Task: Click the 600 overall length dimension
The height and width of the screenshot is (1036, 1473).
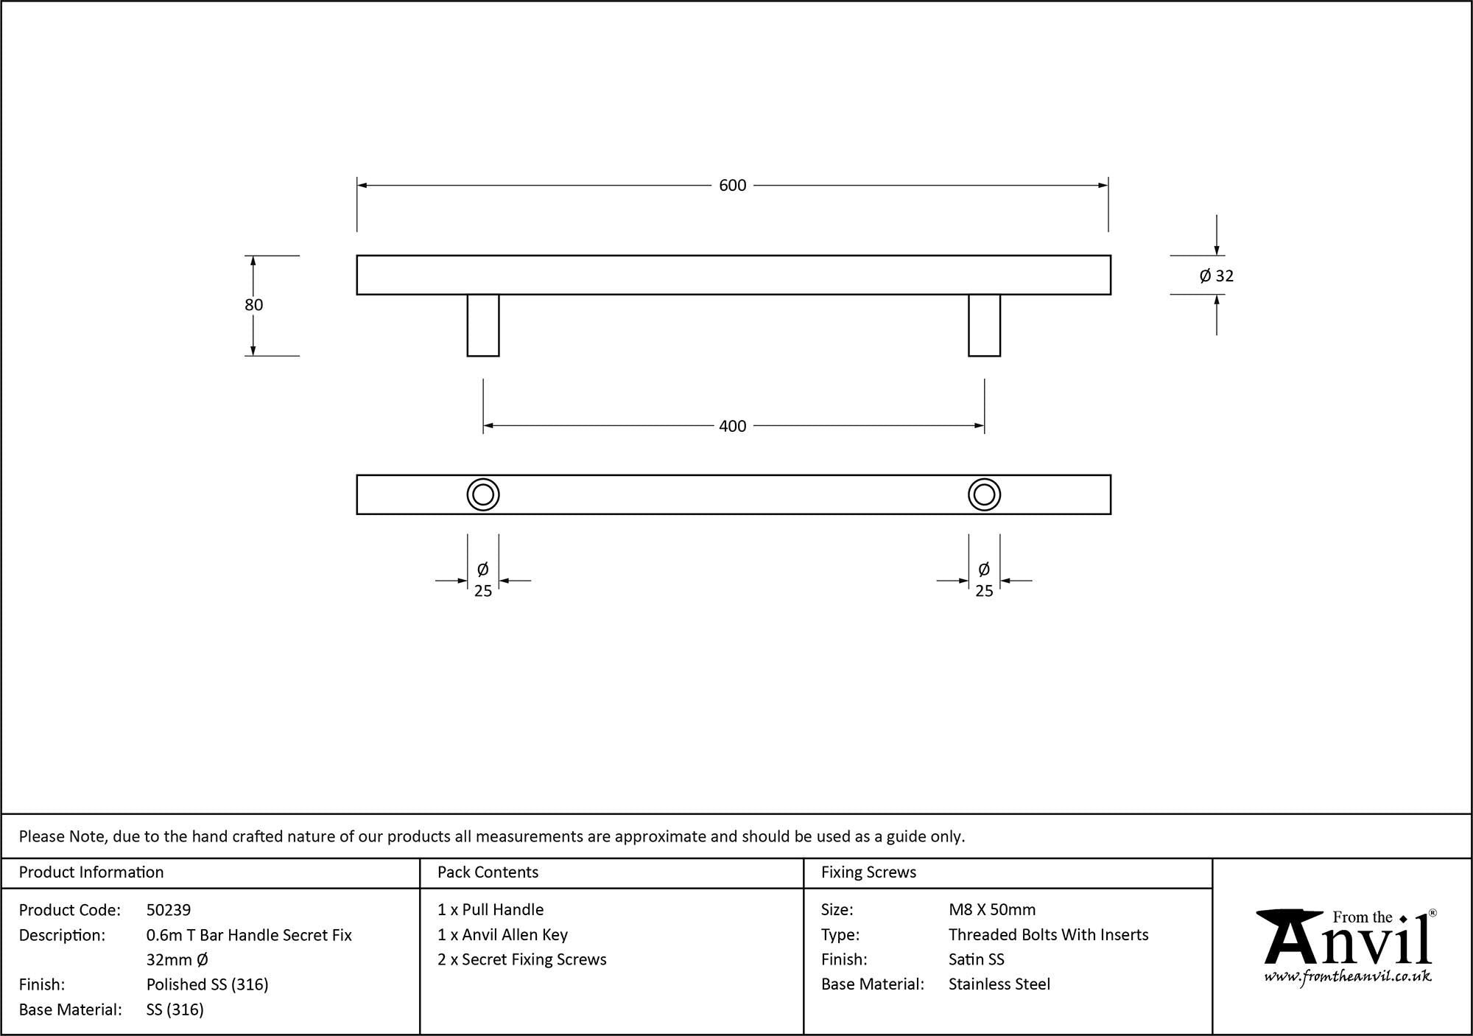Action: (x=732, y=186)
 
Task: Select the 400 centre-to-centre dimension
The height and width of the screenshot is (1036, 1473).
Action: (x=732, y=426)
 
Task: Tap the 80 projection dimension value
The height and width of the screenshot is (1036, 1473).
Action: (x=253, y=305)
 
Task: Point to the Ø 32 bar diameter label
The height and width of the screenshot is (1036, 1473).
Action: (x=1216, y=276)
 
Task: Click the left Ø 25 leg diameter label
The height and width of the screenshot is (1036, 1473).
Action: (x=483, y=580)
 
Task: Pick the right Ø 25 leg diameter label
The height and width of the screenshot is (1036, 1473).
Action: (x=984, y=580)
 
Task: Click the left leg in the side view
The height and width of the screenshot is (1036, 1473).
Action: (x=483, y=325)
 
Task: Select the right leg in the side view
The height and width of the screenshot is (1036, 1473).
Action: (x=984, y=325)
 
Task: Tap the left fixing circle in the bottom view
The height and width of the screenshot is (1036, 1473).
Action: (x=483, y=494)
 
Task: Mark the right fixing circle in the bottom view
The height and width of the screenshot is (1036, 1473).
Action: (x=984, y=494)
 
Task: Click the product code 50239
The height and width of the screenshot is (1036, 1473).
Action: (x=169, y=910)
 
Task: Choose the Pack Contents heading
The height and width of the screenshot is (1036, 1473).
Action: (x=488, y=872)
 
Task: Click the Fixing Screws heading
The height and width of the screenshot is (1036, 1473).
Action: (x=868, y=872)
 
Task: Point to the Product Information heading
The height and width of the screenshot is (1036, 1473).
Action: (x=91, y=872)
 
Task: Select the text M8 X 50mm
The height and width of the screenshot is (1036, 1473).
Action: (x=991, y=910)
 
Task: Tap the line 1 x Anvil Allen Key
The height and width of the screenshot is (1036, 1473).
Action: (x=502, y=935)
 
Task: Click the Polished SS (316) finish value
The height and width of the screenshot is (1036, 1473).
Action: (x=207, y=984)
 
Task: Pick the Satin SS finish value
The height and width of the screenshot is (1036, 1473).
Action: (x=976, y=959)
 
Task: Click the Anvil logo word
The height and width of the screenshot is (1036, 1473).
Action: (x=1348, y=943)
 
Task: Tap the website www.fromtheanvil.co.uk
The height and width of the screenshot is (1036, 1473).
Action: (x=1348, y=977)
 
